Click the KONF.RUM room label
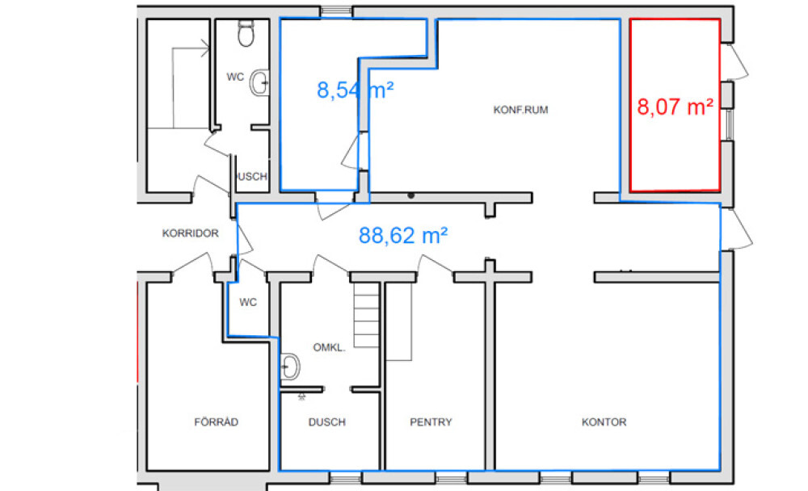click(x=520, y=110)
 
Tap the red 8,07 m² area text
click(x=675, y=107)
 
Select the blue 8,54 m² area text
click(x=355, y=90)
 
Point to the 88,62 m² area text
click(x=403, y=236)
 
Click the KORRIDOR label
click(x=190, y=233)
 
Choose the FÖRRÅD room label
click(x=216, y=422)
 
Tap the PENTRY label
click(x=431, y=422)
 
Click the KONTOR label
click(x=604, y=422)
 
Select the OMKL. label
click(x=329, y=348)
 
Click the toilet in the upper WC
click(x=246, y=33)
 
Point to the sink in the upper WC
click(x=259, y=82)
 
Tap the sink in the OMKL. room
click(x=289, y=367)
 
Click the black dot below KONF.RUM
click(x=410, y=195)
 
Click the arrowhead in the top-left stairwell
click(x=205, y=48)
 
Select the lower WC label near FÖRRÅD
click(x=248, y=302)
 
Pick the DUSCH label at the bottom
click(x=326, y=422)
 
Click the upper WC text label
click(x=235, y=78)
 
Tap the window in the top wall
click(x=336, y=10)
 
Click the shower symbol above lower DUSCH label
click(x=301, y=397)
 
